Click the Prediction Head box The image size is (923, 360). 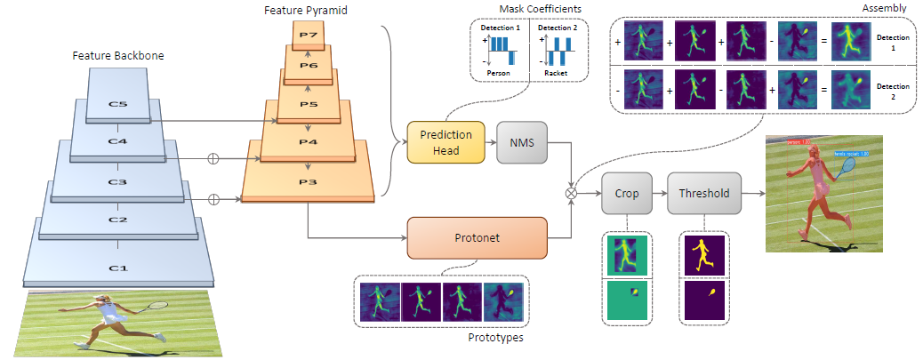tap(445, 141)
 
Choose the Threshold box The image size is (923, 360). tap(703, 193)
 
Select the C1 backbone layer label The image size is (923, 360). tap(117, 267)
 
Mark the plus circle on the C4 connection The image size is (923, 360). tap(213, 160)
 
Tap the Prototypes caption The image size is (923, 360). tap(494, 337)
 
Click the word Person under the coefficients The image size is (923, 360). tap(498, 73)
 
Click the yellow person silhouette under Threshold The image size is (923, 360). tap(702, 255)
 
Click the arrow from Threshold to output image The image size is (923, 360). tap(752, 193)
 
